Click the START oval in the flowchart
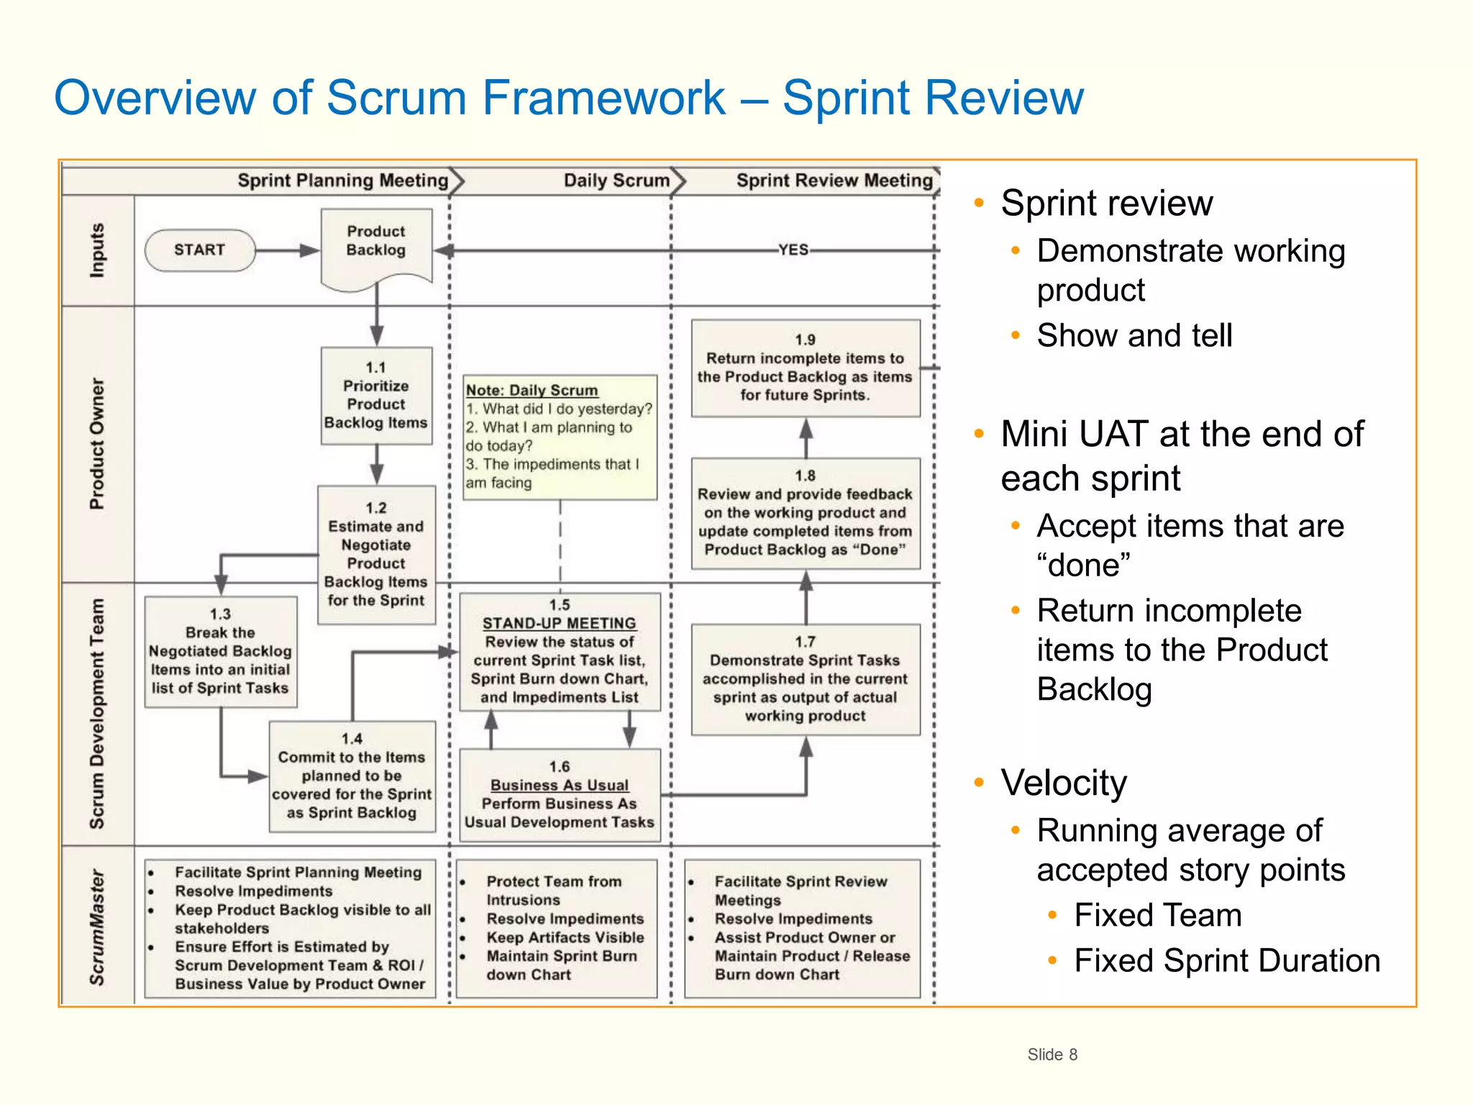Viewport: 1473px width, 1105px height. coord(200,250)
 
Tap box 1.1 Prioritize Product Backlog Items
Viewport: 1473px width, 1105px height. coord(376,396)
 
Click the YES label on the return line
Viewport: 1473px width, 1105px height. coord(793,250)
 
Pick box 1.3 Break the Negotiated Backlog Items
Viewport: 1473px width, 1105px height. coord(220,652)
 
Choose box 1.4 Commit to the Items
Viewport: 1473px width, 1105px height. coord(352,777)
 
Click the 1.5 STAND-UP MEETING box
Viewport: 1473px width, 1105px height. coord(560,652)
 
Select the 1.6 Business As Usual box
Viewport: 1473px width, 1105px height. coord(560,795)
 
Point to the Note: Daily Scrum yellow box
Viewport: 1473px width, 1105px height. coord(560,437)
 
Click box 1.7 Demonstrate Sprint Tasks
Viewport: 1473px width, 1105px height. coord(805,679)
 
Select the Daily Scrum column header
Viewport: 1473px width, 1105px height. coord(616,181)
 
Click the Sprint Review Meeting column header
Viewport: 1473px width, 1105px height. coord(834,181)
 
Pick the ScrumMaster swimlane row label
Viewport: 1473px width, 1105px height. coord(97,927)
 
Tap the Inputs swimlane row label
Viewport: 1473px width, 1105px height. coord(97,250)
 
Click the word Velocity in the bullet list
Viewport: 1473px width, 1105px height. coord(1064,783)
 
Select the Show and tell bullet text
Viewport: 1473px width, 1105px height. coord(1134,335)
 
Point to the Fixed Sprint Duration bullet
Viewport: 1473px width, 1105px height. coord(1227,960)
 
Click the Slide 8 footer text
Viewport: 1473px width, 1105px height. coord(1052,1055)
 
